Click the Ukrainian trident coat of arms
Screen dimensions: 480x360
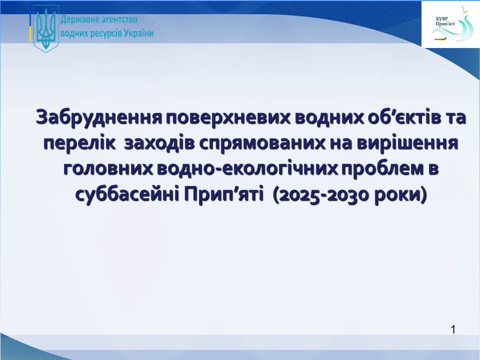pyautogui.click(x=46, y=29)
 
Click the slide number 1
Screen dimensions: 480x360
pyautogui.click(x=453, y=329)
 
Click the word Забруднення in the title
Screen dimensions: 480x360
pyautogui.click(x=99, y=117)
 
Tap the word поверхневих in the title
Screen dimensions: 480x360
pyautogui.click(x=228, y=117)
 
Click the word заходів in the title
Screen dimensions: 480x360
pyautogui.click(x=159, y=143)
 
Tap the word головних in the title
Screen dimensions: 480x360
pyautogui.click(x=108, y=169)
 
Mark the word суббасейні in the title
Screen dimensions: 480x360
pyautogui.click(x=127, y=195)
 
